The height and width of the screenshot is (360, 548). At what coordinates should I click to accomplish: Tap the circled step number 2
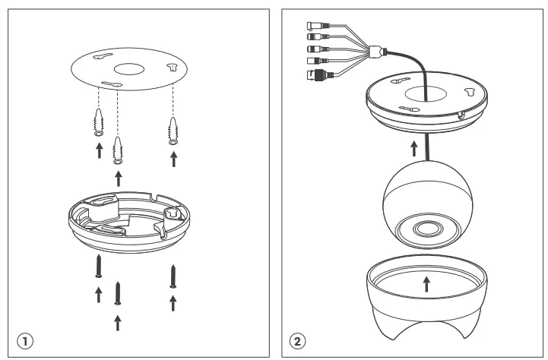(x=298, y=340)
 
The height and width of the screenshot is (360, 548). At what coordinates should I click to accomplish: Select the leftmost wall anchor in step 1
(x=97, y=121)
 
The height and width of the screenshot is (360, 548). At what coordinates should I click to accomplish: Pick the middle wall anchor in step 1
(x=118, y=149)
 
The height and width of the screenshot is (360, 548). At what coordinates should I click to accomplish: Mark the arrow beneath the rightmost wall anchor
(x=173, y=158)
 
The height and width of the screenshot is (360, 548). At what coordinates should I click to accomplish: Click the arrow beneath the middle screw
(x=117, y=323)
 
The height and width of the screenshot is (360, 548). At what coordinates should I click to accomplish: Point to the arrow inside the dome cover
(x=426, y=284)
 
